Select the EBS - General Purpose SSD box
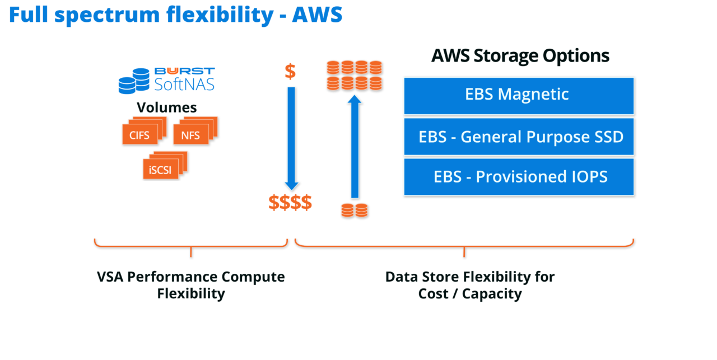point(518,137)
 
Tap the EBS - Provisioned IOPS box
point(518,177)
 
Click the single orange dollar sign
point(290,72)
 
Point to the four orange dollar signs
point(290,202)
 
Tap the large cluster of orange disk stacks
point(354,76)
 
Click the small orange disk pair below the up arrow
point(355,211)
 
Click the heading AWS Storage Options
point(520,56)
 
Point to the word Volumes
point(167,107)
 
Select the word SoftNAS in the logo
point(184,85)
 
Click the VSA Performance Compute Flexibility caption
point(191,284)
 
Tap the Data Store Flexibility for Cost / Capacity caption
point(469,284)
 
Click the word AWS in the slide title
point(317,15)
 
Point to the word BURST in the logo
point(184,71)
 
